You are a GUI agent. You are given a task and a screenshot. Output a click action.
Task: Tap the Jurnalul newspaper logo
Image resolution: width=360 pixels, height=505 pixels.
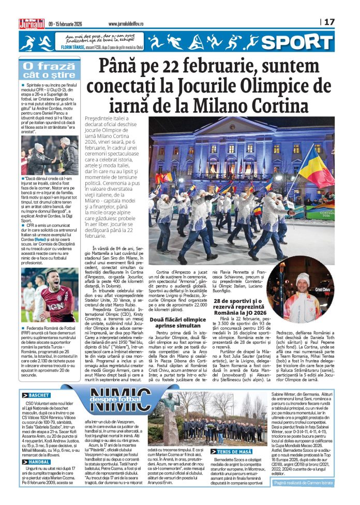pyautogui.click(x=32, y=23)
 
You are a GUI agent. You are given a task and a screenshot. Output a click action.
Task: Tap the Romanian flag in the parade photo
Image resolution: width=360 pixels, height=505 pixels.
pyautogui.click(x=316, y=166)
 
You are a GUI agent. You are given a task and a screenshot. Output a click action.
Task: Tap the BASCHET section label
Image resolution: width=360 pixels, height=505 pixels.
pyautogui.click(x=36, y=395)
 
